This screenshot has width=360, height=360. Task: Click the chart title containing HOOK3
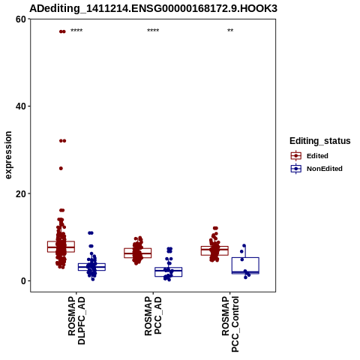[153, 8]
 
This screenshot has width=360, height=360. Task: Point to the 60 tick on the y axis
[21, 19]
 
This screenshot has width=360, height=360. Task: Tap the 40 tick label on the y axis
[21, 106]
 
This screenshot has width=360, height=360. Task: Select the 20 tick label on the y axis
[21, 193]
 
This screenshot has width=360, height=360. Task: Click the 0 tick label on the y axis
[24, 281]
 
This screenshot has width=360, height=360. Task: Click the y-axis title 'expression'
[8, 155]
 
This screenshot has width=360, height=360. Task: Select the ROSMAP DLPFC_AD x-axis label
[76, 320]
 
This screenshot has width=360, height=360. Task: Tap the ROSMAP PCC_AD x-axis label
[153, 316]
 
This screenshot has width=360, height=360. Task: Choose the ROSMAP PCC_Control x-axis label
[230, 324]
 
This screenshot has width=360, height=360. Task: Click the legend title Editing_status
[320, 141]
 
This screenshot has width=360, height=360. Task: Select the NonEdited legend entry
[316, 169]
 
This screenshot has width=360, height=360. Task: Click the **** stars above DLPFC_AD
[76, 31]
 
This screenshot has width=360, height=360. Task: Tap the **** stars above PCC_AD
[153, 31]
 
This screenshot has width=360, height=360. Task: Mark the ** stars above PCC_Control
[230, 31]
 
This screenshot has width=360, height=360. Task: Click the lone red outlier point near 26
[61, 169]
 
